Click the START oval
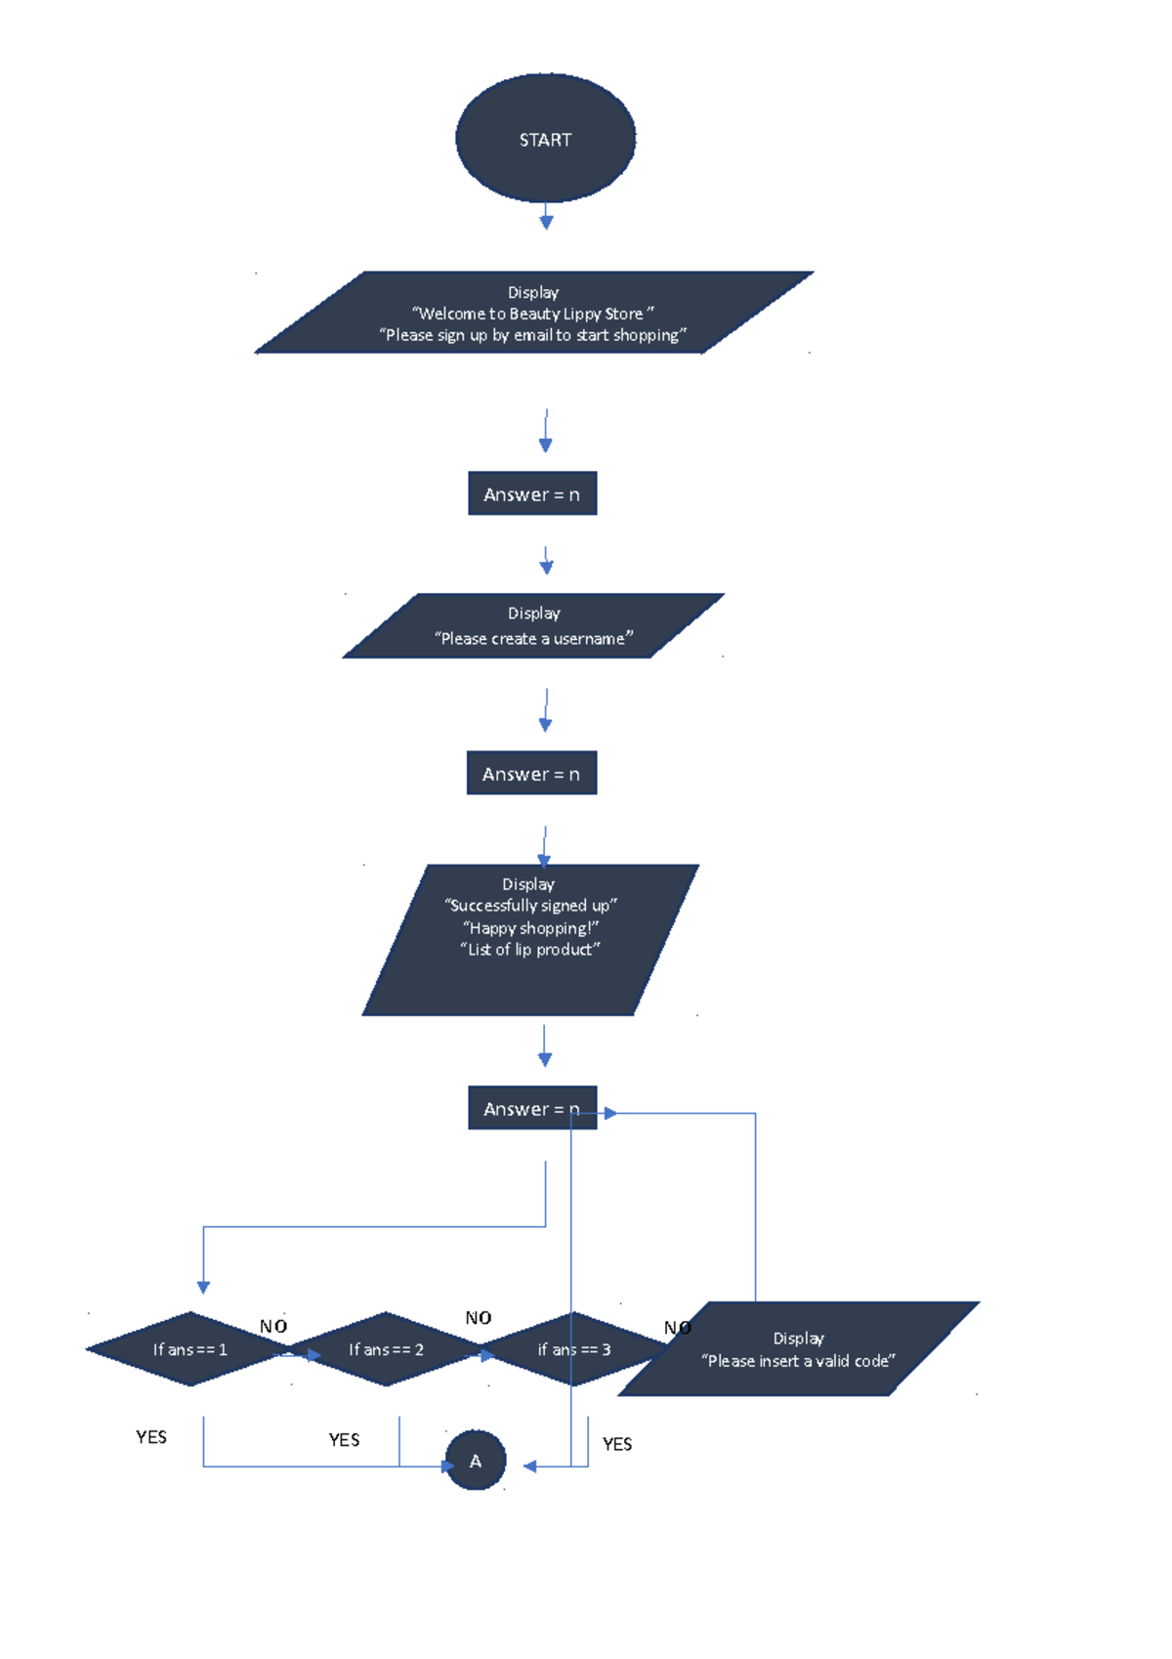pyautogui.click(x=545, y=139)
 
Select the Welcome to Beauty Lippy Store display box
pyautogui.click(x=533, y=313)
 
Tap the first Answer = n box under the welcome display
pyautogui.click(x=532, y=494)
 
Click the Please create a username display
pyautogui.click(x=533, y=626)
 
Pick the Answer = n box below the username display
pyautogui.click(x=531, y=774)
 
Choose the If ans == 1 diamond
pyautogui.click(x=189, y=1349)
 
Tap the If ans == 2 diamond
pyautogui.click(x=386, y=1349)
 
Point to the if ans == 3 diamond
pyautogui.click(x=574, y=1349)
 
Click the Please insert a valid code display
pyautogui.click(x=798, y=1349)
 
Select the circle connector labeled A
pyautogui.click(x=476, y=1461)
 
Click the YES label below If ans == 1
pyautogui.click(x=151, y=1437)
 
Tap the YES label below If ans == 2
pyautogui.click(x=344, y=1440)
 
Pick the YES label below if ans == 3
pyautogui.click(x=617, y=1444)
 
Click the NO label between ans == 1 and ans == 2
pyautogui.click(x=273, y=1327)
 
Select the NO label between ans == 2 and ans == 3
pyautogui.click(x=479, y=1318)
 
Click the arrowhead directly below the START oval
pyautogui.click(x=546, y=223)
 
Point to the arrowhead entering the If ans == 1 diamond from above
pyautogui.click(x=203, y=1288)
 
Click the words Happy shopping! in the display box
pyautogui.click(x=530, y=928)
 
